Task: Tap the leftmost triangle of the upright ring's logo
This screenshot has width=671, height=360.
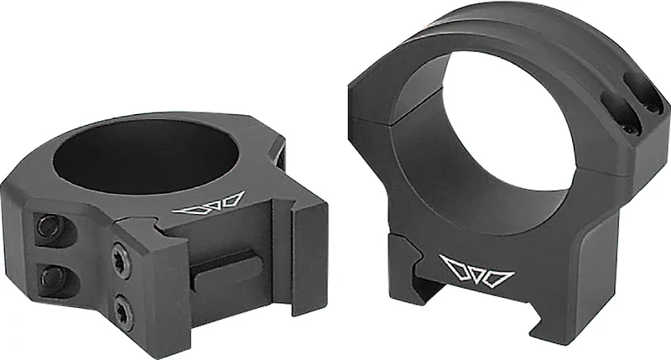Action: (453, 267)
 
